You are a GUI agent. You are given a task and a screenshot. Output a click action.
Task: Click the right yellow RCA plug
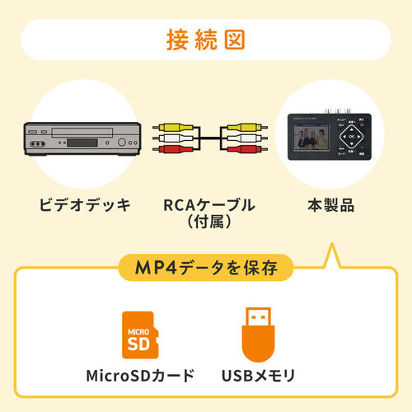click(x=244, y=129)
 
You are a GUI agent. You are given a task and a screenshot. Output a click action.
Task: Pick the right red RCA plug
click(x=244, y=152)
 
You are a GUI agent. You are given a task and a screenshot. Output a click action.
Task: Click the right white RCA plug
click(x=244, y=141)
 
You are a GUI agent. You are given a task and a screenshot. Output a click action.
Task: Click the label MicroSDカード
click(x=141, y=377)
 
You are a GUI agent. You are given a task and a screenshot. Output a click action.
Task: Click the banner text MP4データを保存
click(x=206, y=267)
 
